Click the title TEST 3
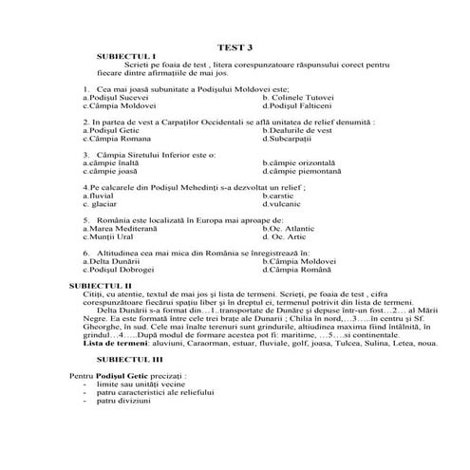235,45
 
